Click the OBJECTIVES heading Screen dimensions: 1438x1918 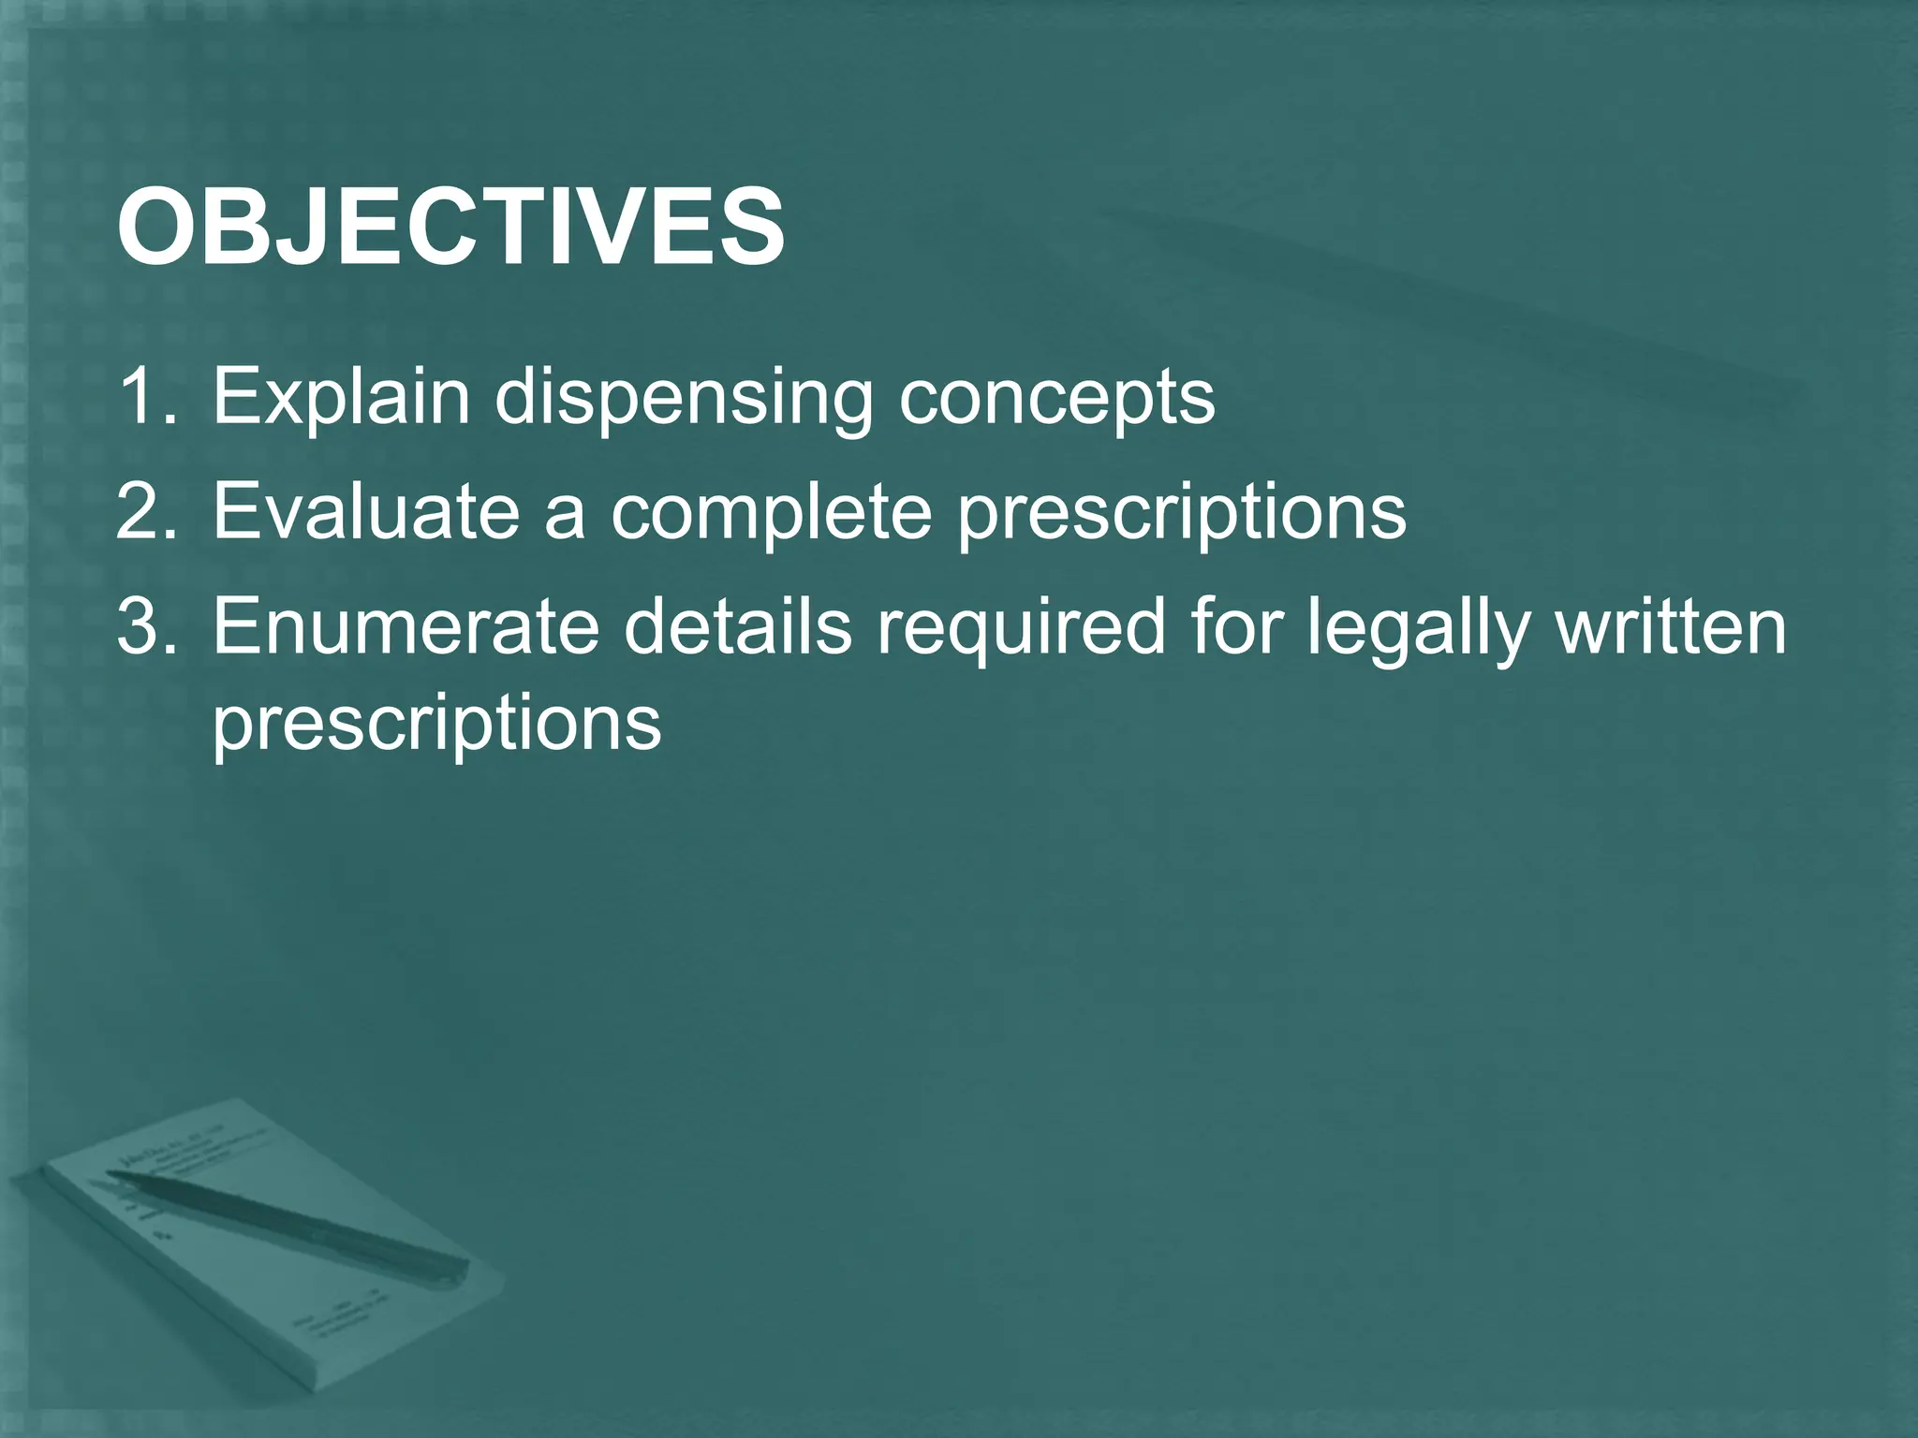pos(450,227)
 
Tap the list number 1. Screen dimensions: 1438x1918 pos(145,397)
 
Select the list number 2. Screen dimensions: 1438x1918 pos(145,512)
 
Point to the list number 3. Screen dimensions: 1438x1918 pos(145,627)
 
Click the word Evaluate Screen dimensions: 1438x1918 pos(366,512)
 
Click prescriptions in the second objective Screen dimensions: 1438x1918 pos(1181,514)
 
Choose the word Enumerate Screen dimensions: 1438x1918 pos(406,627)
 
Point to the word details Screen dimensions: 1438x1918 pos(738,627)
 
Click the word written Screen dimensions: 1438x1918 pos(1671,627)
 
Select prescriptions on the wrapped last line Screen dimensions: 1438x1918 pos(436,725)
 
